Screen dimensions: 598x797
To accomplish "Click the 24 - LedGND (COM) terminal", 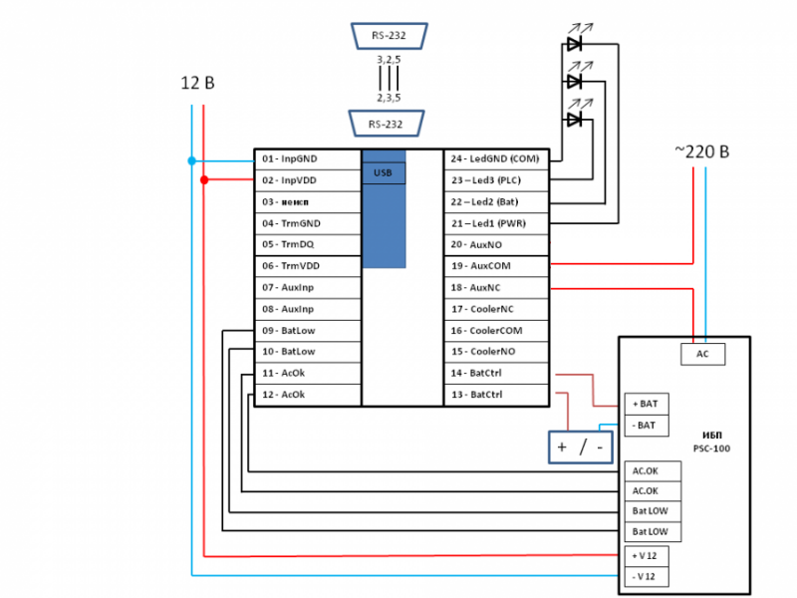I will pyautogui.click(x=496, y=159).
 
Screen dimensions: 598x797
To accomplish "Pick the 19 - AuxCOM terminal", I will pyautogui.click(x=496, y=265).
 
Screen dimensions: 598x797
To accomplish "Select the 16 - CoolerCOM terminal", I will pyautogui.click(x=496, y=330).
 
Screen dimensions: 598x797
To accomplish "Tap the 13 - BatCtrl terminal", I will pyautogui.click(x=496, y=395).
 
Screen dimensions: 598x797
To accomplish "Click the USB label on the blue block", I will pyautogui.click(x=384, y=173).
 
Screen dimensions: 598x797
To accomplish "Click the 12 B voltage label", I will pyautogui.click(x=197, y=83).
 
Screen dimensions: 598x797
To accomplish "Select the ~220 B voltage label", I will pyautogui.click(x=701, y=151).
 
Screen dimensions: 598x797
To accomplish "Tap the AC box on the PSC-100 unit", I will pyautogui.click(x=702, y=354).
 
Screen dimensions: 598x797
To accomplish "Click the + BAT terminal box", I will pyautogui.click(x=646, y=404).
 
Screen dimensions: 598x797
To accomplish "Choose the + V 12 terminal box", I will pyautogui.click(x=646, y=555).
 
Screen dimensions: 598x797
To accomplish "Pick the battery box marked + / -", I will pyautogui.click(x=581, y=448).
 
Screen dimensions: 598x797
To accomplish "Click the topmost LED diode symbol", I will pyautogui.click(x=575, y=44).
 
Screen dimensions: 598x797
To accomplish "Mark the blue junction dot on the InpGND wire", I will pyautogui.click(x=190, y=159).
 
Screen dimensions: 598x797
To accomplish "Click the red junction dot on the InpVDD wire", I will pyautogui.click(x=204, y=180).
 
